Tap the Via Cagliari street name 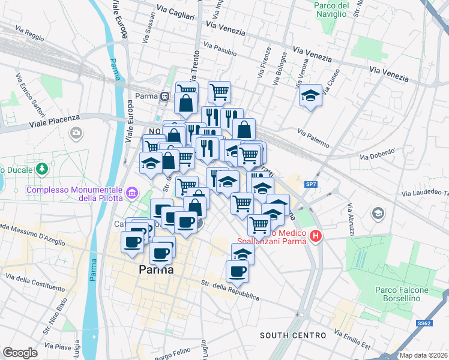[x=174, y=12]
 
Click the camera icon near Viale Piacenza [x=76, y=133]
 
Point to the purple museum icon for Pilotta [x=132, y=193]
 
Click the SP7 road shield [x=311, y=185]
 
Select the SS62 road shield [x=424, y=323]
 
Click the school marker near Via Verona [x=310, y=96]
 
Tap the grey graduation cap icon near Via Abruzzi [x=378, y=213]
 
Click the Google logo [x=20, y=352]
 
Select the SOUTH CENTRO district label [x=293, y=335]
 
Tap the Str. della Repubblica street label [x=231, y=289]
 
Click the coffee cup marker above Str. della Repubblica [x=237, y=271]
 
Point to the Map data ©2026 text [x=423, y=355]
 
